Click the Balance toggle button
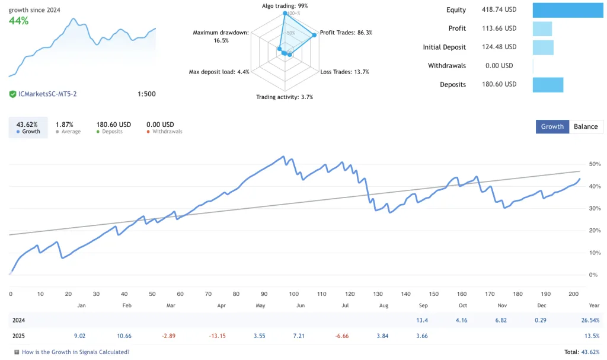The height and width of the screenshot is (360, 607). [586, 126]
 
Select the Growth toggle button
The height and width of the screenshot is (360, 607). [552, 126]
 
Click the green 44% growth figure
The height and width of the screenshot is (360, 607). [18, 21]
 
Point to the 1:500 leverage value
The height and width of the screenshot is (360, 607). [146, 94]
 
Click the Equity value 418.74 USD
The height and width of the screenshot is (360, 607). [499, 10]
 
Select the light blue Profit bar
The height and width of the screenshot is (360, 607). [542, 28]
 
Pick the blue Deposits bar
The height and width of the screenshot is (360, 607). [548, 84]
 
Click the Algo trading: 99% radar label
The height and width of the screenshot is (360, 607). [285, 6]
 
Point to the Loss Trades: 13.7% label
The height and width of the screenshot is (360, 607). [344, 72]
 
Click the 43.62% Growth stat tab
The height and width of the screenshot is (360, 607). [28, 128]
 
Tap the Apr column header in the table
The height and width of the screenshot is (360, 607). [221, 305]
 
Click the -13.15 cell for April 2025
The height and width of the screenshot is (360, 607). [218, 336]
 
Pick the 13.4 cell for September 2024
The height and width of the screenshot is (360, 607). [421, 320]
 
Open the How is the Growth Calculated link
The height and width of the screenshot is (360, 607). [75, 352]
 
